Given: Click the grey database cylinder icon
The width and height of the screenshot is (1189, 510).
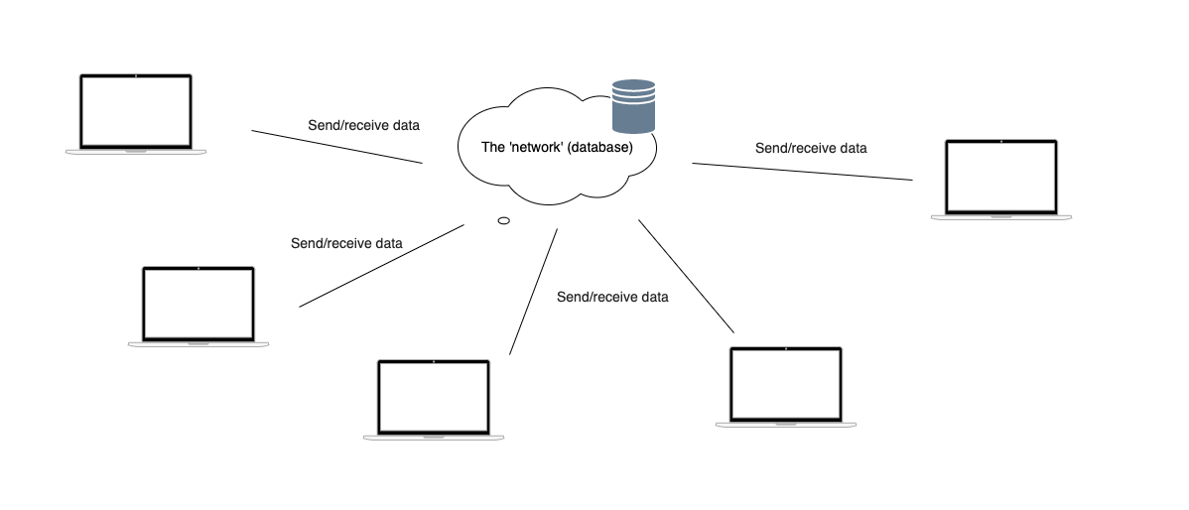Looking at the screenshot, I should pos(633,106).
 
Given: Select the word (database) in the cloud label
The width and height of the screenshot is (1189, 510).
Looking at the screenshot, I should pos(599,147).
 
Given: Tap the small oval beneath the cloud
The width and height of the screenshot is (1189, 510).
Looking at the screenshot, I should pos(503,220).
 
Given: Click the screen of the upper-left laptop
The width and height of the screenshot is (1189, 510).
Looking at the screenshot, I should pos(135,110).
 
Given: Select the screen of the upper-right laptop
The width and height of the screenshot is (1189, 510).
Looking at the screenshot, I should pos(1001,177).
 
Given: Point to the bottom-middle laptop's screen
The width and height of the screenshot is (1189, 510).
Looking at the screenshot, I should pos(434,397).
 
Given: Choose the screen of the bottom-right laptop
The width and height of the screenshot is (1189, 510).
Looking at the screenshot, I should pos(786,383).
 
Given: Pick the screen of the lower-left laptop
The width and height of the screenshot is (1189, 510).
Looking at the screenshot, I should pos(198,303).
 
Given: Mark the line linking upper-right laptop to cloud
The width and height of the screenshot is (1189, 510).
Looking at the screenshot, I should pos(802,172).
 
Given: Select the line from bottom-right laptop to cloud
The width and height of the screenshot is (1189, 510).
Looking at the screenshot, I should pos(686,276).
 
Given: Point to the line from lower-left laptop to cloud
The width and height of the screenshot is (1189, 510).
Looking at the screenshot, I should pos(382,265).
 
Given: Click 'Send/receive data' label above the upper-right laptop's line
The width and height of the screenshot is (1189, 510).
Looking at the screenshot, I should pos(811,148).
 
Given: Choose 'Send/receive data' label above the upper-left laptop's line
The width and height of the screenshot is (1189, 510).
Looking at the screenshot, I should pos(364,126).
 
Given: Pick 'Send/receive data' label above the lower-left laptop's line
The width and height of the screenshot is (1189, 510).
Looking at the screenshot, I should pos(346,243).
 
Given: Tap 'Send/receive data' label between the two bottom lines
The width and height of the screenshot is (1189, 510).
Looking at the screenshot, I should pos(612,297).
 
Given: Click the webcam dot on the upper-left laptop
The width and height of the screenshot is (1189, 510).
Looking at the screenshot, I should pos(135,75).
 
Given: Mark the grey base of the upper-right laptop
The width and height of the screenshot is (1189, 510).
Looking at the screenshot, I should pos(1001,216).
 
